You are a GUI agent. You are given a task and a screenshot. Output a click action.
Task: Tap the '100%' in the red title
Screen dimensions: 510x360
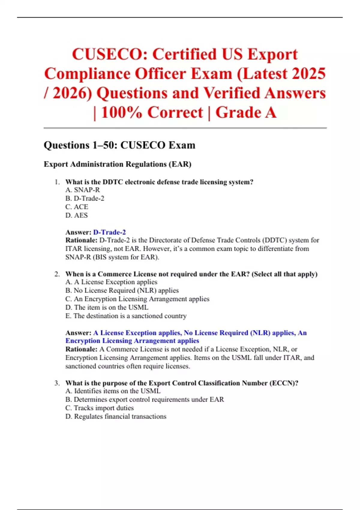pyautogui.click(x=121, y=113)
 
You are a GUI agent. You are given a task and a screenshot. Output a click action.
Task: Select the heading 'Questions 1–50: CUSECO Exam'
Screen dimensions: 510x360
pyautogui.click(x=119, y=145)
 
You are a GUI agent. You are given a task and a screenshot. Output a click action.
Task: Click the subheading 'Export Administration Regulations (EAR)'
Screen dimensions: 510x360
pyautogui.click(x=117, y=164)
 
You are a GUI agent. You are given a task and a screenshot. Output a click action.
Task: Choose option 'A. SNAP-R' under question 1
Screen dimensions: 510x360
pyautogui.click(x=82, y=190)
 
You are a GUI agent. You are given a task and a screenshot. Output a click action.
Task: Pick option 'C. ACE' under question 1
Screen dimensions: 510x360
pyautogui.click(x=77, y=207)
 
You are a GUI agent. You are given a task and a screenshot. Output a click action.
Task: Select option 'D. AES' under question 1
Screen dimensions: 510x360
pyautogui.click(x=76, y=215)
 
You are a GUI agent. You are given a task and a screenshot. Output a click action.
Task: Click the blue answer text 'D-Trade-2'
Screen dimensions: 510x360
pyautogui.click(x=109, y=232)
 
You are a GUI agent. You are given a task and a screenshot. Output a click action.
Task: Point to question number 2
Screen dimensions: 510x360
pyautogui.click(x=57, y=274)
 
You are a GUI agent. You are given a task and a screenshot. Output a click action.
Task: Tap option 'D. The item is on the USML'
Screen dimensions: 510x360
pyautogui.click(x=107, y=307)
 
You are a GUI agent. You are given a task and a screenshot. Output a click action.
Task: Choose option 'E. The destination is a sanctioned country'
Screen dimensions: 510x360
pyautogui.click(x=126, y=316)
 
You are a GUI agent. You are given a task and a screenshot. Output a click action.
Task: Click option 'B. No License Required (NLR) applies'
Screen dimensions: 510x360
pyautogui.click(x=122, y=290)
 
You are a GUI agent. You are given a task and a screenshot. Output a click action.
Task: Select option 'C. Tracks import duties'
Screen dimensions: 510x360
pyautogui.click(x=100, y=408)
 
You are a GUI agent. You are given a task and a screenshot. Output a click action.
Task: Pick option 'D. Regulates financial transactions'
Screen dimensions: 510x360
pyautogui.click(x=116, y=416)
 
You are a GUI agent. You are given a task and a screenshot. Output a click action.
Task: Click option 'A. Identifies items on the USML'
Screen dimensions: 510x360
pyautogui.click(x=113, y=391)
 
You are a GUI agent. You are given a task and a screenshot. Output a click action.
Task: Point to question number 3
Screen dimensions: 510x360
pyautogui.click(x=57, y=383)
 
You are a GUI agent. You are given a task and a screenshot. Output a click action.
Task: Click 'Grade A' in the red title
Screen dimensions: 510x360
pyautogui.click(x=246, y=113)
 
